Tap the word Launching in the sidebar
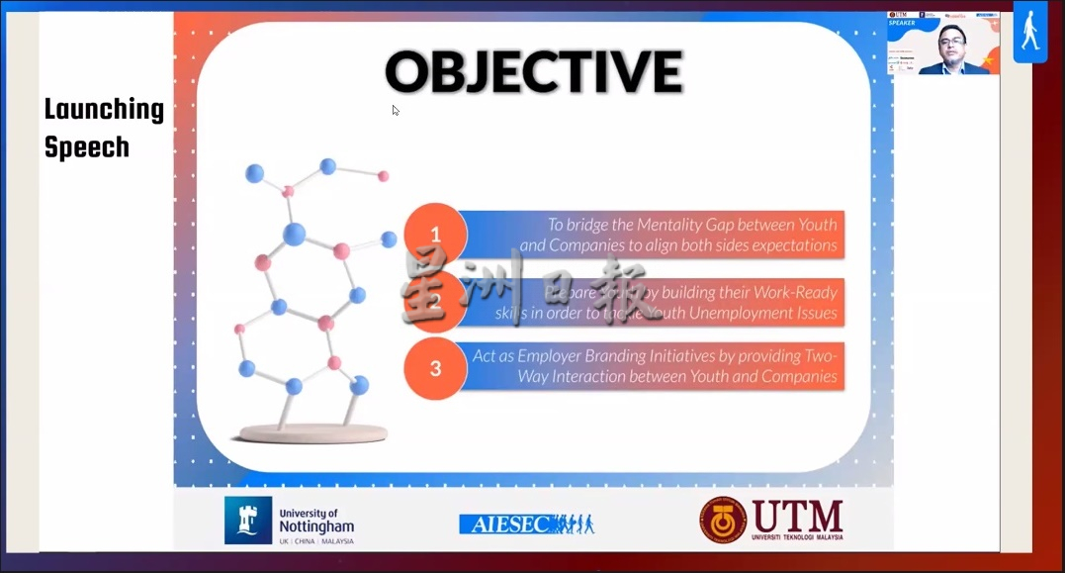[x=104, y=110]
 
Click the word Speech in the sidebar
[x=87, y=147]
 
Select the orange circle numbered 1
[x=435, y=235]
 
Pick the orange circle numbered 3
[x=435, y=368]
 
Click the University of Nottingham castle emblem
[x=247, y=521]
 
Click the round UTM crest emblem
[x=723, y=520]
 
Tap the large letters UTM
[x=797, y=516]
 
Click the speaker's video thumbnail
[x=943, y=44]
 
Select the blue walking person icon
[x=1029, y=32]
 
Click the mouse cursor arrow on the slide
[x=395, y=109]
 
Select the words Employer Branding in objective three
[x=575, y=355]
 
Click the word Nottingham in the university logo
[x=315, y=527]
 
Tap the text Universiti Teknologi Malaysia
[x=797, y=537]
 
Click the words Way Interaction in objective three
[x=582, y=377]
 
